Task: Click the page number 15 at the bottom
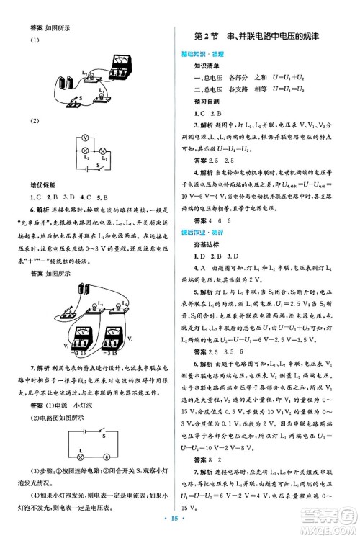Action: (x=181, y=516)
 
